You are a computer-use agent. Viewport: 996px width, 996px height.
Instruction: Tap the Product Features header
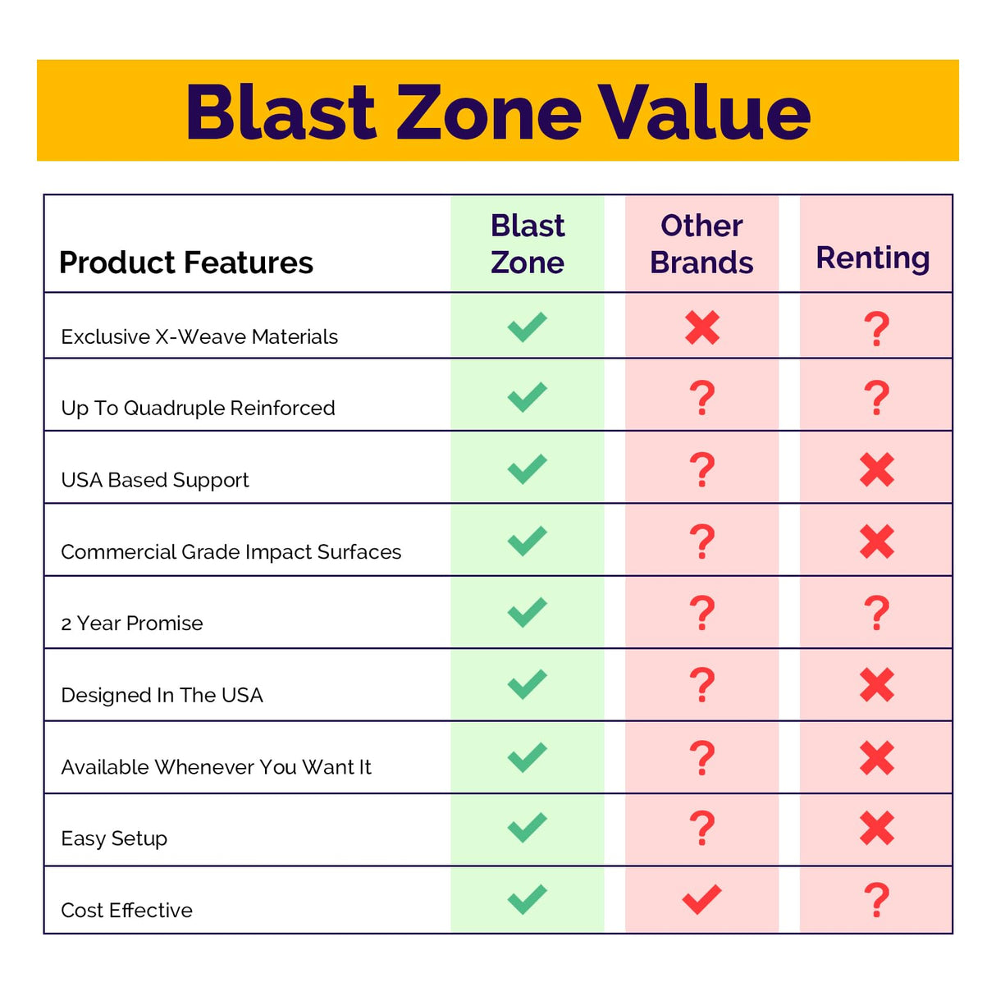[x=186, y=263]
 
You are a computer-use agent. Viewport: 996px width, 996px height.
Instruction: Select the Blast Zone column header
[x=528, y=244]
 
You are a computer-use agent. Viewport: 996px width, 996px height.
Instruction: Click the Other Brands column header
[x=701, y=244]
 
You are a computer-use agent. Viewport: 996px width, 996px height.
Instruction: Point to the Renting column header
[x=873, y=258]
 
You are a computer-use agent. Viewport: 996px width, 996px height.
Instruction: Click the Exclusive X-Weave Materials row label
[x=199, y=336]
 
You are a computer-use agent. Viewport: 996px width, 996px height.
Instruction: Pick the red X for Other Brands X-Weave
[x=702, y=328]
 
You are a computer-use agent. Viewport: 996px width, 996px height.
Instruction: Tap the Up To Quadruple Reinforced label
[x=198, y=408]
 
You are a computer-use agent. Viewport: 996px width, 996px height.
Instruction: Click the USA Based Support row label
[x=155, y=480]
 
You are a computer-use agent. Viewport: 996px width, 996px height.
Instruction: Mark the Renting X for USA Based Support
[x=877, y=469]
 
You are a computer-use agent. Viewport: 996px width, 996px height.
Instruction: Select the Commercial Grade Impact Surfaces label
[x=231, y=551]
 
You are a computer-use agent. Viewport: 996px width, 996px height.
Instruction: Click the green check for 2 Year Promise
[x=528, y=612]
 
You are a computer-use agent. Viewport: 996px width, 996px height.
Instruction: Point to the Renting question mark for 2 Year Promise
[x=877, y=613]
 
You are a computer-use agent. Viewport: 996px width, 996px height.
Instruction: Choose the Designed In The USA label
[x=162, y=695]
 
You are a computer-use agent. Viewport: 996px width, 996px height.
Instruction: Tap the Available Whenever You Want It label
[x=216, y=767]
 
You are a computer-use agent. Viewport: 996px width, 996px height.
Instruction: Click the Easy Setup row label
[x=114, y=838]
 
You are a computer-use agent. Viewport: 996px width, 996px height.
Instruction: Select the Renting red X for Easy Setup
[x=877, y=829]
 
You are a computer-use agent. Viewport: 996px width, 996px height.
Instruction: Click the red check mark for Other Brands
[x=702, y=899]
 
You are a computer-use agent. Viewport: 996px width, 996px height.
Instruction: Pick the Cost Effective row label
[x=126, y=910]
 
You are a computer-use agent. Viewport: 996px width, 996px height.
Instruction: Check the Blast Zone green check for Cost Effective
[x=528, y=899]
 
